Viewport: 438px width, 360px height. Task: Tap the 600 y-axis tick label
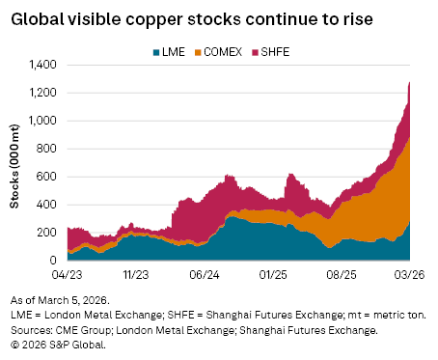click(x=47, y=177)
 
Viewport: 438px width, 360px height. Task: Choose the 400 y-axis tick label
click(x=47, y=205)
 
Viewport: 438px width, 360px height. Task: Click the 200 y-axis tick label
click(x=47, y=233)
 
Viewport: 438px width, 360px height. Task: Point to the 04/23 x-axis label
click(x=68, y=274)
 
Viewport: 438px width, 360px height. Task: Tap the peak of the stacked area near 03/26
click(x=411, y=82)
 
